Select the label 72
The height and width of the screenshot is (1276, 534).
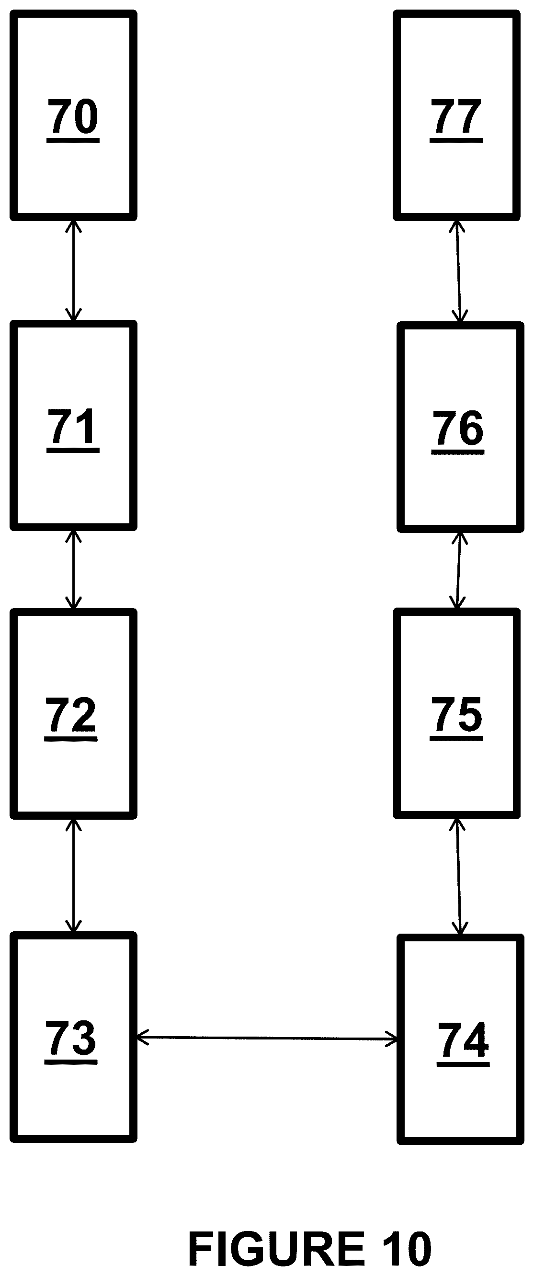pyautogui.click(x=71, y=718)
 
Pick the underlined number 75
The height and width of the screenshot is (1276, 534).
pyautogui.click(x=456, y=718)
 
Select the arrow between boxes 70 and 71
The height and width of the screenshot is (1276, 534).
pyautogui.click(x=73, y=271)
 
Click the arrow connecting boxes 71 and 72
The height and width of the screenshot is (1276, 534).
pyautogui.click(x=73, y=570)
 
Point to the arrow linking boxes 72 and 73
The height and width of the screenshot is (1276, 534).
pyautogui.click(x=73, y=875)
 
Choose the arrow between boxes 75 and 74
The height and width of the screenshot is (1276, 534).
pyautogui.click(x=459, y=876)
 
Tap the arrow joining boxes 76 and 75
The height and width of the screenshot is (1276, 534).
pyautogui.click(x=459, y=570)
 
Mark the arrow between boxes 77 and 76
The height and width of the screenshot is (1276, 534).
pyautogui.click(x=459, y=271)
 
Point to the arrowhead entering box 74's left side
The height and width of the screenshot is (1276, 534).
pyautogui.click(x=392, y=1039)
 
